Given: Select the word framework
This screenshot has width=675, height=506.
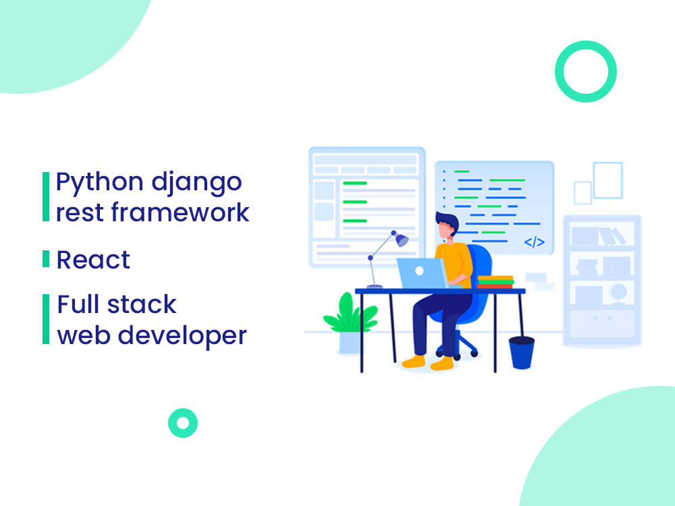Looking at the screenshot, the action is pyautogui.click(x=180, y=212).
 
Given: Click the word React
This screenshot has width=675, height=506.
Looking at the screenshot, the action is pyautogui.click(x=93, y=260).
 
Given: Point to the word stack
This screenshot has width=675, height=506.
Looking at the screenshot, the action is pyautogui.click(x=142, y=304).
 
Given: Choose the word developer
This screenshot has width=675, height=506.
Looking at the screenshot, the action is pyautogui.click(x=182, y=336).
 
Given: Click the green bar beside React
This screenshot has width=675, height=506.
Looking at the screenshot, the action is pyautogui.click(x=46, y=258).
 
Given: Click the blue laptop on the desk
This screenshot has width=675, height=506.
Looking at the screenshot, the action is pyautogui.click(x=423, y=273).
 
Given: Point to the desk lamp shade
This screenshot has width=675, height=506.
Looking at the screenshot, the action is pyautogui.click(x=401, y=239).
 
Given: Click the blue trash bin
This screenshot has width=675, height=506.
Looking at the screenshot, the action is pyautogui.click(x=521, y=353).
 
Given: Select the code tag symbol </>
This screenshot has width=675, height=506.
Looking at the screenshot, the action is pyautogui.click(x=534, y=242).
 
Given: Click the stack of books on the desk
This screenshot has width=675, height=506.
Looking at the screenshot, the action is pyautogui.click(x=495, y=282).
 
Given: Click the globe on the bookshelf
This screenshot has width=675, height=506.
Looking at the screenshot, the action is pyautogui.click(x=618, y=293).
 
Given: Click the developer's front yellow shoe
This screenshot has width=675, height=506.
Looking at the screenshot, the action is pyautogui.click(x=442, y=364).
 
